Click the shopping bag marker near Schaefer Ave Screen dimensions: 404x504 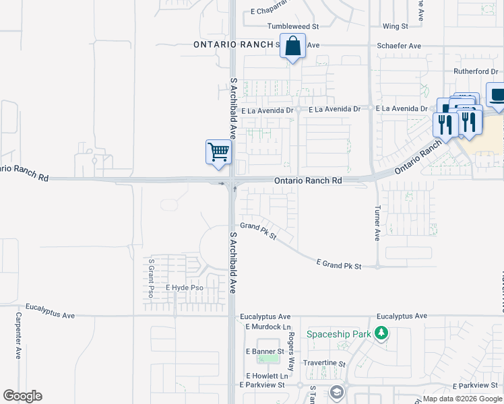292,47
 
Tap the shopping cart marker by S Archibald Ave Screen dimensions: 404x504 218,152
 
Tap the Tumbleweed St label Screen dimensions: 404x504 292,26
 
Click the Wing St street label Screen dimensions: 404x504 395,26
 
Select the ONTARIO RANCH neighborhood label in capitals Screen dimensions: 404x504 231,44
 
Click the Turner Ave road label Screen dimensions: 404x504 377,223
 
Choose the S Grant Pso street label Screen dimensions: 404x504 152,278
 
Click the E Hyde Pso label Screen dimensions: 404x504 185,288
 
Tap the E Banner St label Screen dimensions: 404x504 264,351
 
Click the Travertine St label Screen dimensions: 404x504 325,364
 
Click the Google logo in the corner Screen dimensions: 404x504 22,396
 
